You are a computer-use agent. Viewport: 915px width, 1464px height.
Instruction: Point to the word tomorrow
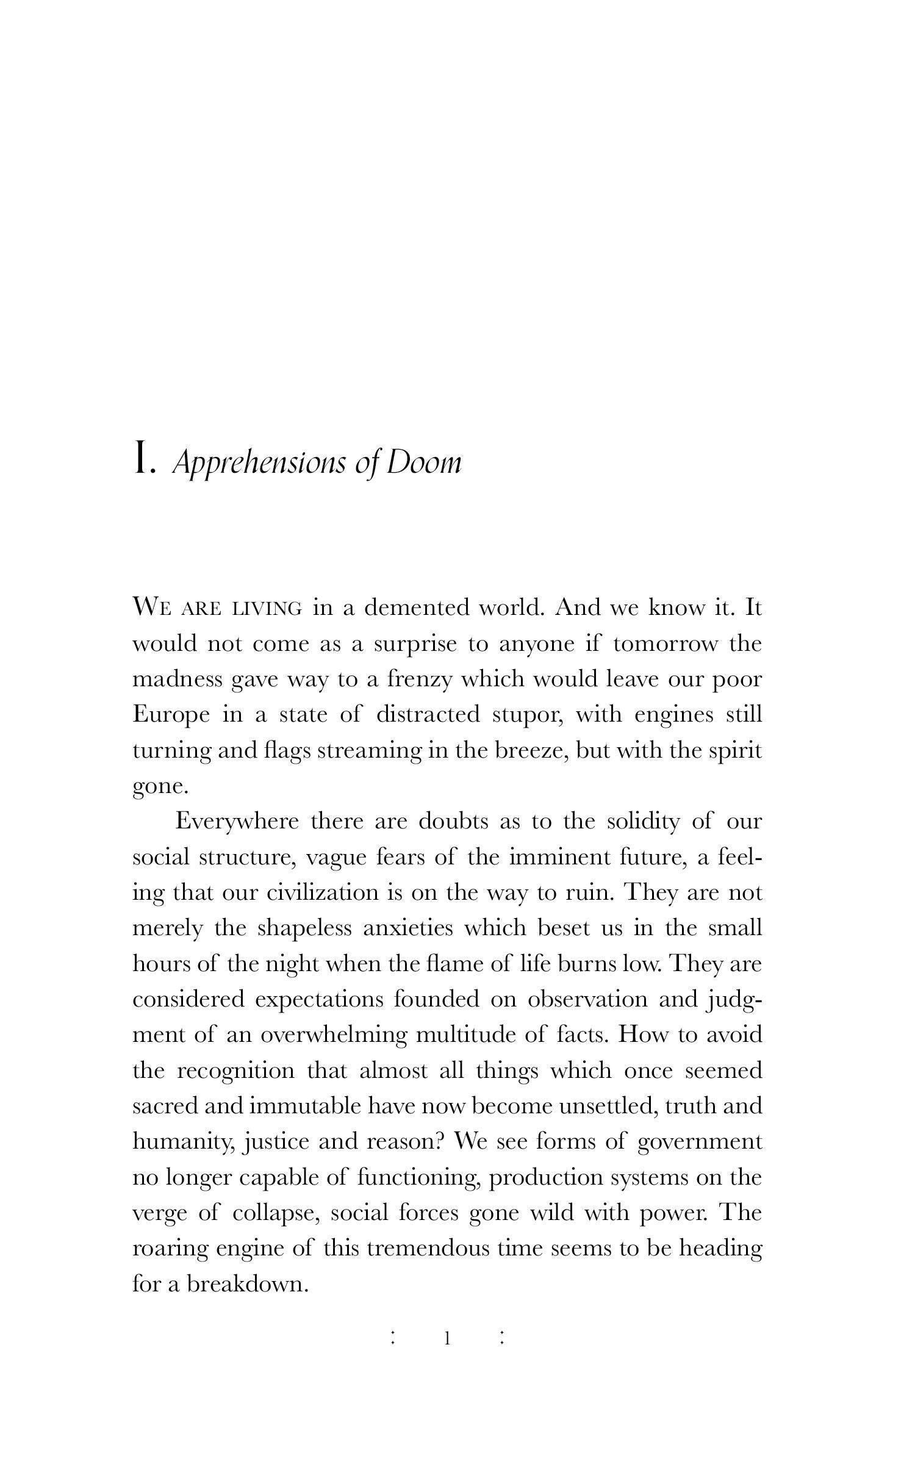(666, 644)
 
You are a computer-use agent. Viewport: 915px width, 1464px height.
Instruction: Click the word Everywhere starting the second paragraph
(237, 822)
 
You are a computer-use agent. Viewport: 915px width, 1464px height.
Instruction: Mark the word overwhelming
(333, 1035)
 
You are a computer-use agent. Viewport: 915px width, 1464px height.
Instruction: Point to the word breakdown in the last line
(246, 1284)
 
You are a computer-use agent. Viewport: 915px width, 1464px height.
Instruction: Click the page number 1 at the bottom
(447, 1339)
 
